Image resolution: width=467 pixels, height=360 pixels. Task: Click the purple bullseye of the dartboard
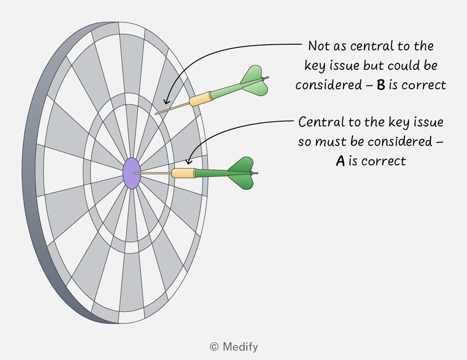(132, 173)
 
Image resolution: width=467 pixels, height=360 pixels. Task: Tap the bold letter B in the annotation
(381, 85)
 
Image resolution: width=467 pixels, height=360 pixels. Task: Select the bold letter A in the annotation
(341, 161)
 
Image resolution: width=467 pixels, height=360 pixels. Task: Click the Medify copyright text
(234, 347)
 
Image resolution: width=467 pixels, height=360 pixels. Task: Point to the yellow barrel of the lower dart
(184, 173)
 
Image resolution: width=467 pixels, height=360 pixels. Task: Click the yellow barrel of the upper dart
(201, 99)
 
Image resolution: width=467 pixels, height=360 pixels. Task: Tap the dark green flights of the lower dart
(241, 173)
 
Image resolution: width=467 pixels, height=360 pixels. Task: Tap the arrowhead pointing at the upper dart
(166, 101)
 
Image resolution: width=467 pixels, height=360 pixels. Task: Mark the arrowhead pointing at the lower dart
(188, 161)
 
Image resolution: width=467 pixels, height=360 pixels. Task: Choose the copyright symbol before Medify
(214, 347)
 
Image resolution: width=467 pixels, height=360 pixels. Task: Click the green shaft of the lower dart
(212, 173)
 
